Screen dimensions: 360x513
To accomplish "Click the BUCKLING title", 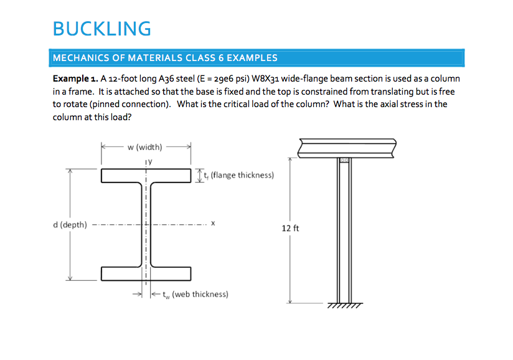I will tap(102, 29).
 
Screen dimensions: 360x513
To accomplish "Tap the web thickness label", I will tap(194, 294).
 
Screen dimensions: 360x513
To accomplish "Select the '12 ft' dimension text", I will tap(290, 229).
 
